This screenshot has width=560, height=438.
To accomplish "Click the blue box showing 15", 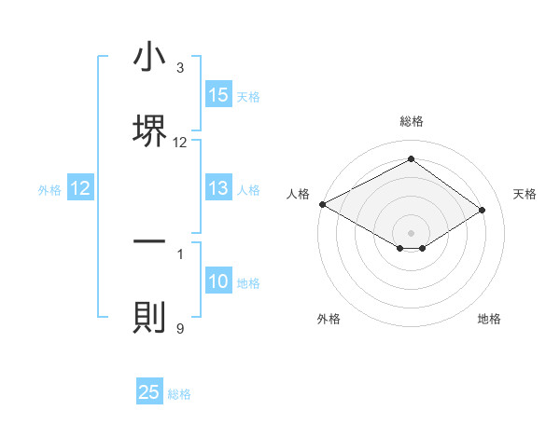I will click(218, 95).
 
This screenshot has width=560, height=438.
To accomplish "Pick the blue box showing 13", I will click(218, 188).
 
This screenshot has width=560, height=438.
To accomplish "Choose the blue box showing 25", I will click(149, 392).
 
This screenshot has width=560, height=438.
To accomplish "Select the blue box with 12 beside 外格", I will click(80, 189).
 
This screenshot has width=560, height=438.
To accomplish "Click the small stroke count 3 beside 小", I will click(179, 68).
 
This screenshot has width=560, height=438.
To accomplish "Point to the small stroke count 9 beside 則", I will click(179, 328).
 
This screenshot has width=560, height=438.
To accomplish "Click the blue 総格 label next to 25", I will click(180, 394).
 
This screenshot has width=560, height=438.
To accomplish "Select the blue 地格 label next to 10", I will click(249, 283).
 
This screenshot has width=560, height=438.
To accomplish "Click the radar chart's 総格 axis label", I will click(412, 121).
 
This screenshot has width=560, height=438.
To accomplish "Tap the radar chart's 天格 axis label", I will click(525, 194).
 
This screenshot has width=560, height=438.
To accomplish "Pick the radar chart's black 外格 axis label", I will click(329, 319).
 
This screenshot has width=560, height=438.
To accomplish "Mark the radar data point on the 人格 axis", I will click(322, 203).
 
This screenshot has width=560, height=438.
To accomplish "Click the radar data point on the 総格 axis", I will click(411, 158).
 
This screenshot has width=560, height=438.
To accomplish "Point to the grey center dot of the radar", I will click(411, 232).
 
